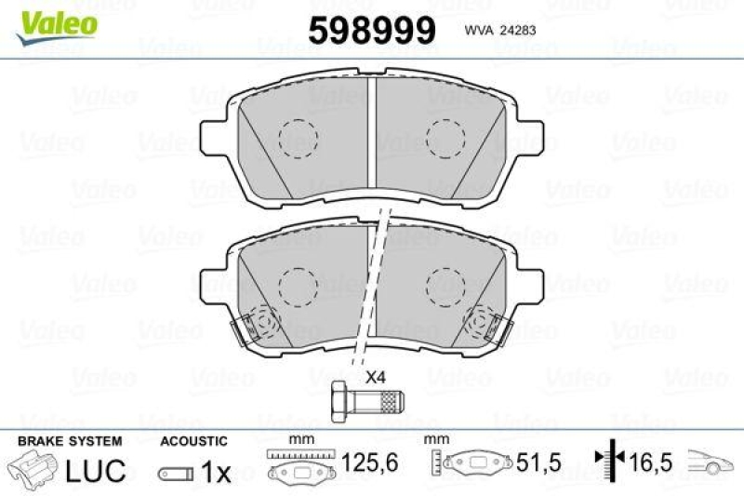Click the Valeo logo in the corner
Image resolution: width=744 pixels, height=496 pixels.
pos(57,28)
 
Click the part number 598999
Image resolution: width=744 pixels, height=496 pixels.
pos(372,30)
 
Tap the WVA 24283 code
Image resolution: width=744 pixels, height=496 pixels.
pos(500,31)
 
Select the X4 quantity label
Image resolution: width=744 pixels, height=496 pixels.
pos(376,378)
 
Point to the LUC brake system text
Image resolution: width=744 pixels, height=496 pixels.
pos(96,470)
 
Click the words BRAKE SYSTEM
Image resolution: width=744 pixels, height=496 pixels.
pos(70,441)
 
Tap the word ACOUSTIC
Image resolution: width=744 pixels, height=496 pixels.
pos(193,441)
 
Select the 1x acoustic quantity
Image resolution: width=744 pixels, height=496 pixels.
pos(216,471)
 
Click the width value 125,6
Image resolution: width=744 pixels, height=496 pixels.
pos(369,462)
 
